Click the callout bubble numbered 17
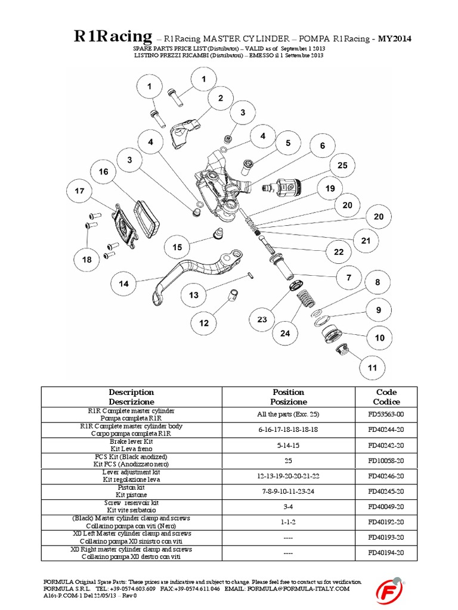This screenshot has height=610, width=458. tap(80, 192)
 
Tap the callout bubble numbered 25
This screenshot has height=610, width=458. tap(342, 166)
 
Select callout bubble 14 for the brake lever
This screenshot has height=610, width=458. tap(123, 284)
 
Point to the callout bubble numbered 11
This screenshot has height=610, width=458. tap(372, 368)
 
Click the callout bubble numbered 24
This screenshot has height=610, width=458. tap(285, 333)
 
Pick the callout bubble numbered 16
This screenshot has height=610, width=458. tap(104, 172)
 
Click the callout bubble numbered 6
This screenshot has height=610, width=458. tap(322, 146)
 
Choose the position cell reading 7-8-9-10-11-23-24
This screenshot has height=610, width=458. tap(288, 491)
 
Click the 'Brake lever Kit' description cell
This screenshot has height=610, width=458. tap(131, 445)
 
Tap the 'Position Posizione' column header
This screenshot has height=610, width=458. tap(288, 397)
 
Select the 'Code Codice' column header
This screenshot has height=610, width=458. tap(386, 397)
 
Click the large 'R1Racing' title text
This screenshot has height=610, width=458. tap(113, 38)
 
